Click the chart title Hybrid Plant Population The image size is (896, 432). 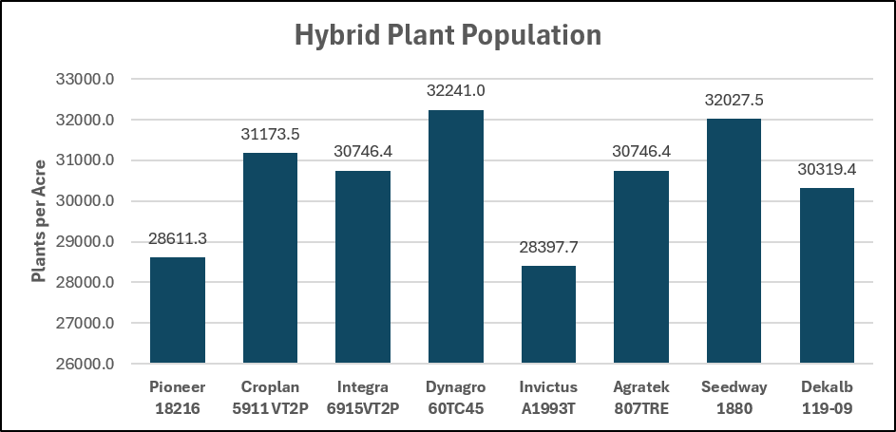point(448,36)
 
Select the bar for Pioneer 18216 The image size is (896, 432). point(177,310)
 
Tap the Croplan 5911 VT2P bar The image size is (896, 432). point(270,258)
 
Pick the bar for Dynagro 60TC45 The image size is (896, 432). point(456,236)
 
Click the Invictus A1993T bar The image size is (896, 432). point(548,314)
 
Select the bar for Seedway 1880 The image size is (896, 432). point(734,241)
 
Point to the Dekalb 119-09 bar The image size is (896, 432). point(827,275)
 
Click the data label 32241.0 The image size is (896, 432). point(456,91)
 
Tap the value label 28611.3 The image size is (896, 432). point(177,238)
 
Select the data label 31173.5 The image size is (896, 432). point(270,134)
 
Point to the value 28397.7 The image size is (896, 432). point(548,247)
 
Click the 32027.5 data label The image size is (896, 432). point(734,100)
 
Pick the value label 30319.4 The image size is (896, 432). point(827,170)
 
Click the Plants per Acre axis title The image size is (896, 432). point(38,221)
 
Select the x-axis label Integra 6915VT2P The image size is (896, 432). point(363,397)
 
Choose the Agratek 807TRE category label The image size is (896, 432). point(641,397)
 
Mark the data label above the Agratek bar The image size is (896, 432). point(641,152)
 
